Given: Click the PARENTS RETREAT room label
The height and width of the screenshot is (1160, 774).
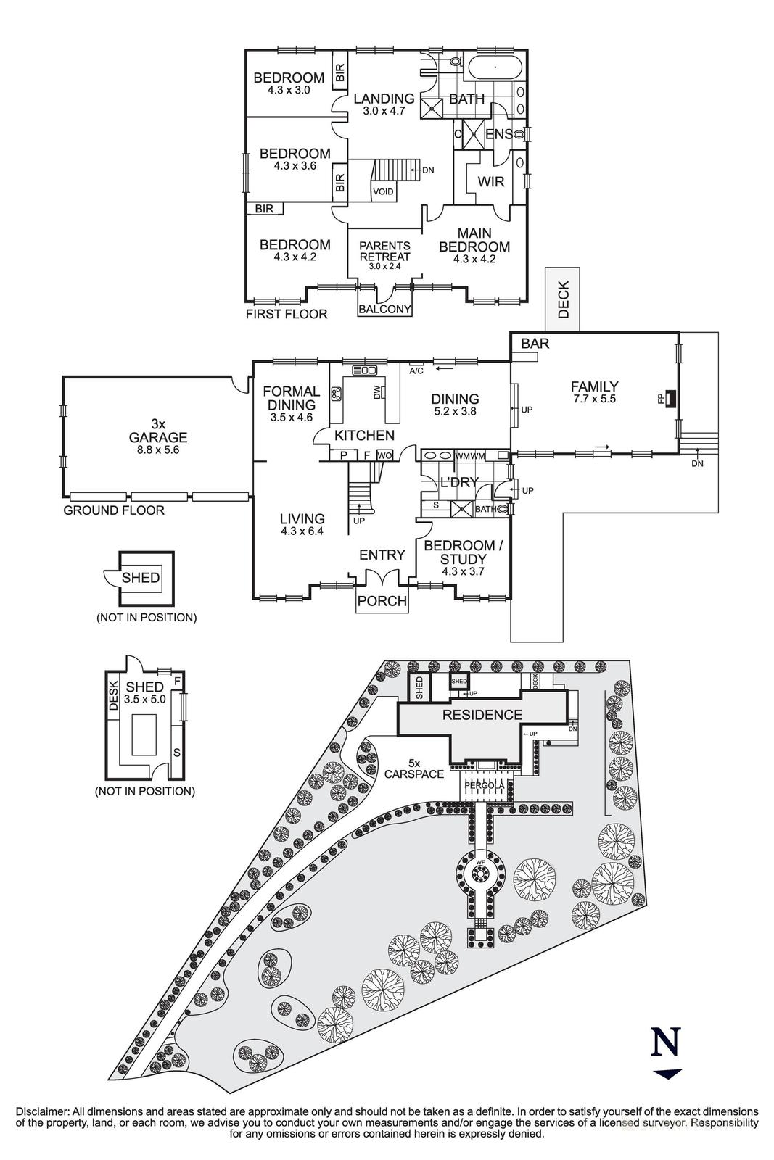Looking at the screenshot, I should click(384, 252).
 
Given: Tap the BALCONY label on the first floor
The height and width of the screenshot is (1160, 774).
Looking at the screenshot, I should click(384, 309).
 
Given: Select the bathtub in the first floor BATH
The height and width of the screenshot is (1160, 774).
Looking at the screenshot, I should click(495, 70).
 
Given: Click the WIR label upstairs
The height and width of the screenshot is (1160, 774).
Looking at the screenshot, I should click(491, 181).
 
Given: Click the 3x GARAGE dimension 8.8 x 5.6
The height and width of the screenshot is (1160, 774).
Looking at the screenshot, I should click(157, 449).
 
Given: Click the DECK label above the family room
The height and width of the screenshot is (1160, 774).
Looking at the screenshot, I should click(564, 299).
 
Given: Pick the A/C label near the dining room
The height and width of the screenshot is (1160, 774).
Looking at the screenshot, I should click(416, 370).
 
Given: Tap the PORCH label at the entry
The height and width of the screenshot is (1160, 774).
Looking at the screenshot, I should click(382, 601).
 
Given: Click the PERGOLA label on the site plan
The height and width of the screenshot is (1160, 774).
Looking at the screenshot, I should click(485, 785).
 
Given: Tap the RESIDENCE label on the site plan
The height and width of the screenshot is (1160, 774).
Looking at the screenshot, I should click(482, 716).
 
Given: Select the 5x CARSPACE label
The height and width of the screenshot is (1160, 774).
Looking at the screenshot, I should click(415, 768).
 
